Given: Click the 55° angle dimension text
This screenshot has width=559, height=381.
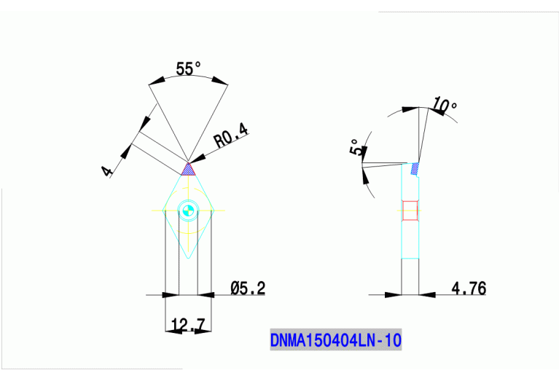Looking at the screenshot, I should tap(188, 69).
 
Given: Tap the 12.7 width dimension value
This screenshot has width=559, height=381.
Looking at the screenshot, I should tap(187, 324).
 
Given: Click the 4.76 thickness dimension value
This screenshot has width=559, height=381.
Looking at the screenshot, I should tap(469, 288).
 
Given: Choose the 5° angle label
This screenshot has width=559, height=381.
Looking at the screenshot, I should tap(355, 147).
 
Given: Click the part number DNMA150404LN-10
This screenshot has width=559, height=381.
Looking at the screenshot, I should tap(336, 339).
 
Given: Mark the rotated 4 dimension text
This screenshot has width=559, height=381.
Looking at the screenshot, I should tap(107, 171).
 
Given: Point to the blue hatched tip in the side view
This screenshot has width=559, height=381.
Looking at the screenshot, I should tap(415, 169).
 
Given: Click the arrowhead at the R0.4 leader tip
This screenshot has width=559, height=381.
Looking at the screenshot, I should tap(196, 159).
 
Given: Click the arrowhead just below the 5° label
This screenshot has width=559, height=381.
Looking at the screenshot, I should tap(364, 173).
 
